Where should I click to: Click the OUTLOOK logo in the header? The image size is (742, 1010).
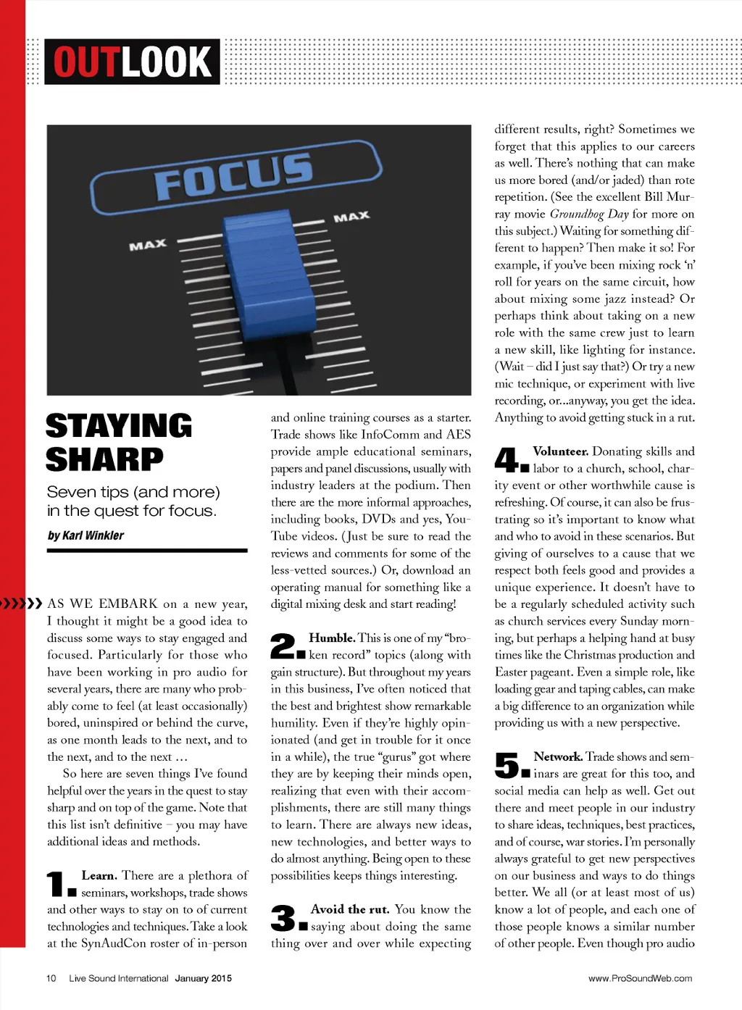(x=132, y=62)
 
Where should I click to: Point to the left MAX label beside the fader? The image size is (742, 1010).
(x=148, y=245)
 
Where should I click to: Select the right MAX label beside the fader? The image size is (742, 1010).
(x=351, y=217)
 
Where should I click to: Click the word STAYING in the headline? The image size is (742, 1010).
(x=119, y=426)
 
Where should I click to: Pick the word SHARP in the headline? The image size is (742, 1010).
(x=104, y=459)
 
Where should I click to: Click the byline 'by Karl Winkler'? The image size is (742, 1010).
(x=86, y=535)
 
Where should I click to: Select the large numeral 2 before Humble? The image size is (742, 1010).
(x=283, y=646)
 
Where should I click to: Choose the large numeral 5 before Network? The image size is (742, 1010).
(x=508, y=765)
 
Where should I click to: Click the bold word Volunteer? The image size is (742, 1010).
(x=560, y=451)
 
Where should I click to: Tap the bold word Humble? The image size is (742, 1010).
(x=331, y=638)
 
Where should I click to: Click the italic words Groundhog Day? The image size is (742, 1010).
(x=589, y=214)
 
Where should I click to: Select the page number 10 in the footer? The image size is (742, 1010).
(x=51, y=978)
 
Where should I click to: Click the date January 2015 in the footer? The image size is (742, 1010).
(x=204, y=978)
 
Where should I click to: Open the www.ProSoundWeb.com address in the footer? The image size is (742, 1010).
(x=640, y=978)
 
